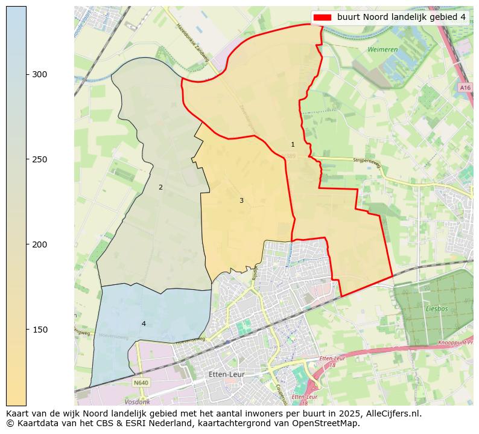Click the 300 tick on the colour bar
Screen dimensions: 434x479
[x=27, y=74]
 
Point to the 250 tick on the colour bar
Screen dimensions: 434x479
[x=27, y=159]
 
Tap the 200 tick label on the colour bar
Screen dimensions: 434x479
[x=40, y=244]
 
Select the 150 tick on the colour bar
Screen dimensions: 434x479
[x=27, y=330]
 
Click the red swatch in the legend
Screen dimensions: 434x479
[x=323, y=17]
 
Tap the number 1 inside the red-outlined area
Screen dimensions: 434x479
[x=293, y=144]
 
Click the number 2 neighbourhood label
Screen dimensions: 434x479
[x=160, y=187]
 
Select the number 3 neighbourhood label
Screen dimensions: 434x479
[x=241, y=200]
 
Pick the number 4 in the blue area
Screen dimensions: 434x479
[x=144, y=324]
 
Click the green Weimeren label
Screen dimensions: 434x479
[x=383, y=49]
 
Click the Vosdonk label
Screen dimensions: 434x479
[x=137, y=401]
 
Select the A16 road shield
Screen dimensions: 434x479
[x=465, y=88]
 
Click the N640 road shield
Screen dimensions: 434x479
[x=141, y=383]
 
